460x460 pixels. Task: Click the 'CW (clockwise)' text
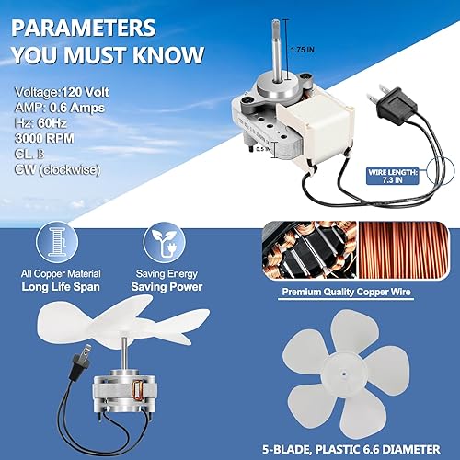click(59, 171)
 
